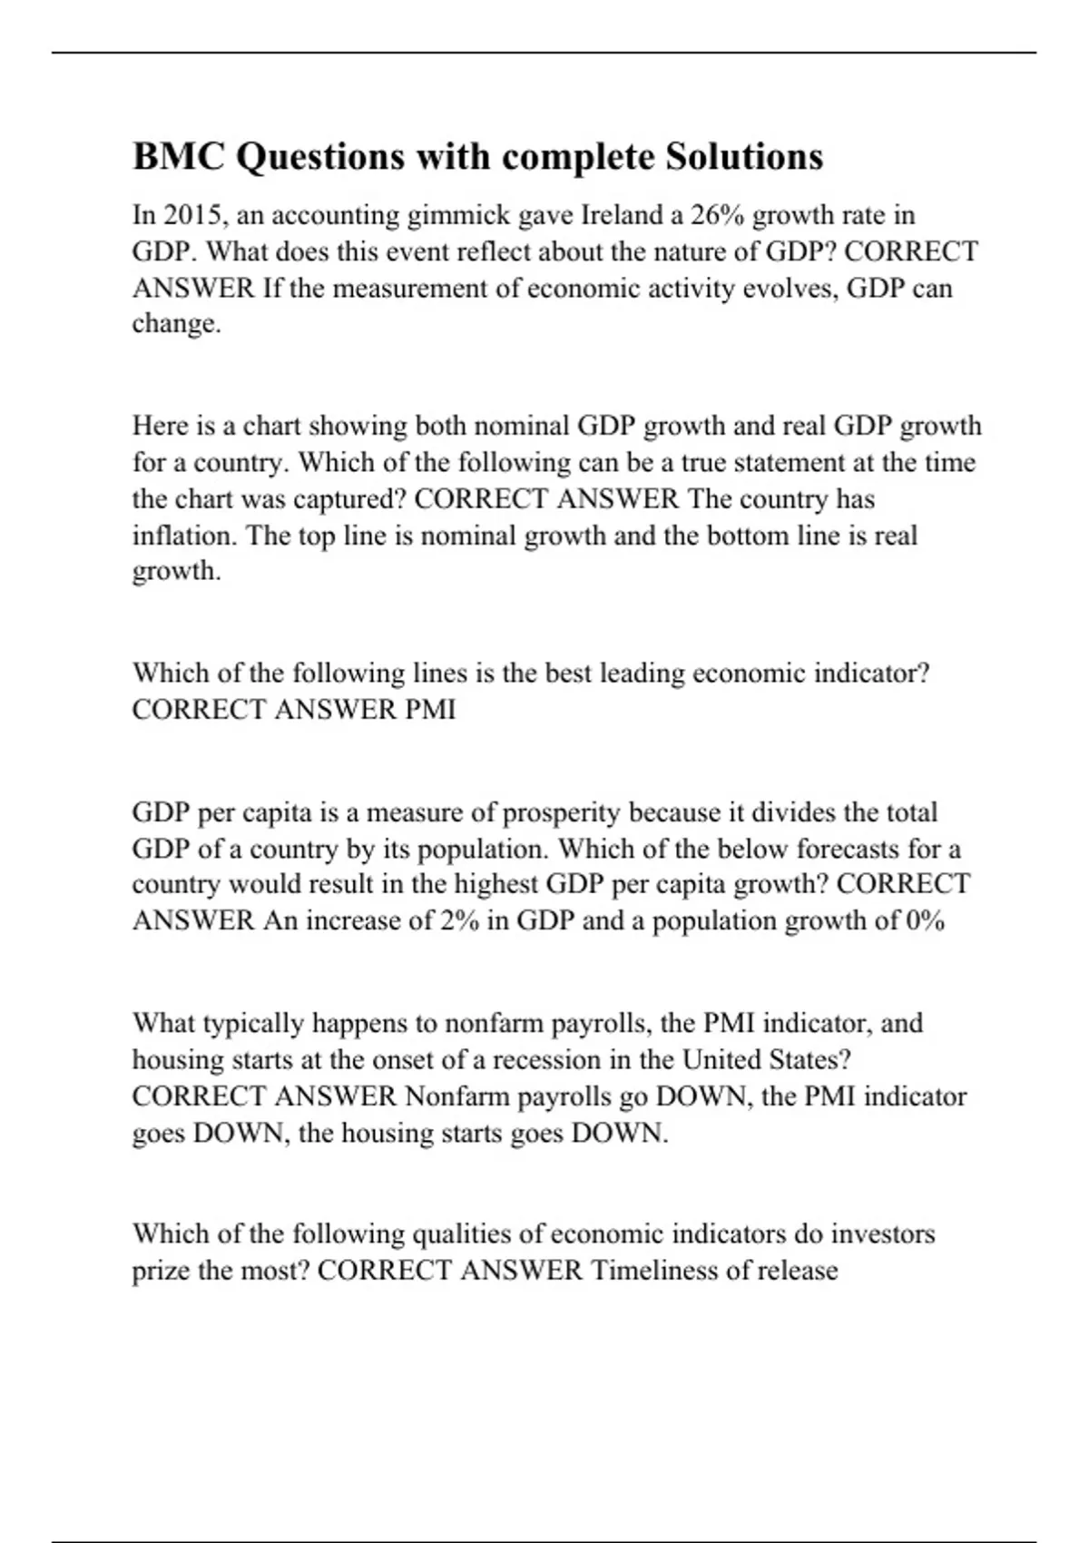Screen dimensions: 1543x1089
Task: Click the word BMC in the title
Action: click(x=179, y=157)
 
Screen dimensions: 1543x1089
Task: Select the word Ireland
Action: click(x=622, y=215)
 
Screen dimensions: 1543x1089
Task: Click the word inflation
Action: click(x=185, y=536)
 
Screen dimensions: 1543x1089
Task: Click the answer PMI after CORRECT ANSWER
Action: click(x=430, y=710)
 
